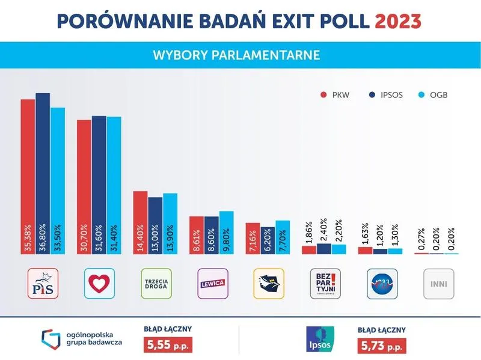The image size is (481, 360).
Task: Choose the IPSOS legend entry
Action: [384, 95]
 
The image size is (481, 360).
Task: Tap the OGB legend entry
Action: [434, 95]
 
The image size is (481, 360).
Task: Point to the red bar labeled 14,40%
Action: [140, 222]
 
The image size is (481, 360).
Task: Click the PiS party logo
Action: [43, 284]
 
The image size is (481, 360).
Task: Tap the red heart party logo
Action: [99, 284]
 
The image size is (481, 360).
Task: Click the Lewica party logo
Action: [212, 284]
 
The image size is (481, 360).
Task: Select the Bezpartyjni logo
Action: [325, 284]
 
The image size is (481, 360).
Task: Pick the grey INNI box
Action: [438, 284]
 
